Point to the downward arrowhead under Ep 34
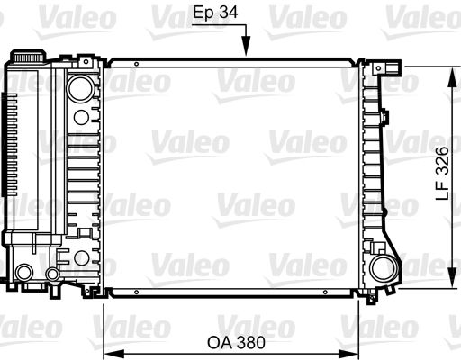pyautogui.click(x=245, y=50)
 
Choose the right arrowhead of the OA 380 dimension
pyautogui.click(x=354, y=350)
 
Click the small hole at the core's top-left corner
pyautogui.click(x=135, y=65)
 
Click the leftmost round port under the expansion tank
pyautogui.click(x=25, y=273)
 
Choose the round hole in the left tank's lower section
pyautogui.click(x=81, y=258)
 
